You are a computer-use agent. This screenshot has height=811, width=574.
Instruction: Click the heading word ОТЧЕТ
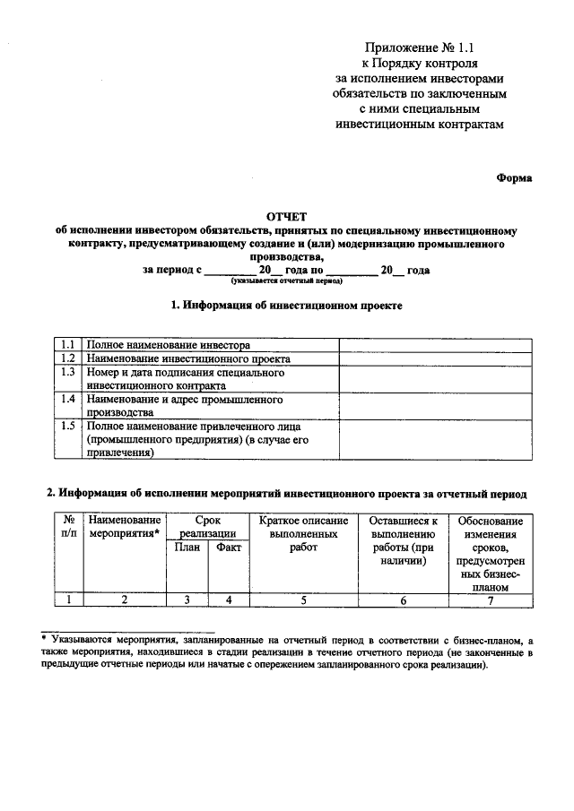point(286,216)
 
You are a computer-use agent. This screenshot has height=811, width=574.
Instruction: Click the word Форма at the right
point(515,178)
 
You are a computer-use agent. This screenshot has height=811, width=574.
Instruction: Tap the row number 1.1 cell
point(67,344)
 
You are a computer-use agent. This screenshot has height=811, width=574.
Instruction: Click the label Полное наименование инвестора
point(169,344)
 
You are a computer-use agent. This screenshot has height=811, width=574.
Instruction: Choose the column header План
point(187,548)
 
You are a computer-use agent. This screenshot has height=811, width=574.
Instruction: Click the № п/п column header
point(68,527)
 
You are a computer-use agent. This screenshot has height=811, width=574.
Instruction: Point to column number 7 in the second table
point(490,600)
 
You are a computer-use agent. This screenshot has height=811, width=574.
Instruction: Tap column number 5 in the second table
point(303,600)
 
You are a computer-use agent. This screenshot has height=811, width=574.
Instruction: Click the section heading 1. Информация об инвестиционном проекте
point(286,306)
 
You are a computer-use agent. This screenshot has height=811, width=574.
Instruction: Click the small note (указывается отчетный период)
point(286,280)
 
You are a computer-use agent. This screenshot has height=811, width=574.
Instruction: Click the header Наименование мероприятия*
point(126,527)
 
